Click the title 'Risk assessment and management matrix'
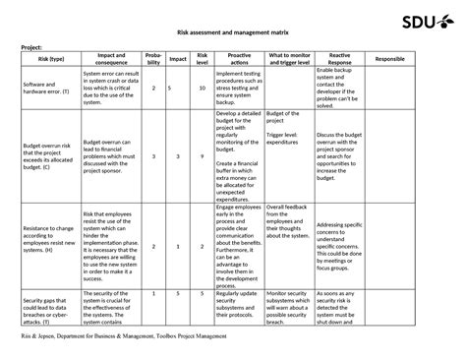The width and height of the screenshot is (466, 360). click(233, 33)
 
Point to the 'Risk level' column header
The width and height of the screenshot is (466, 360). click(202, 59)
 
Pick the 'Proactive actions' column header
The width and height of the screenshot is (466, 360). click(238, 59)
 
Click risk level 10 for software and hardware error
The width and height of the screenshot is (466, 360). click(202, 89)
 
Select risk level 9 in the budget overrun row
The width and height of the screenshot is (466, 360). click(202, 155)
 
